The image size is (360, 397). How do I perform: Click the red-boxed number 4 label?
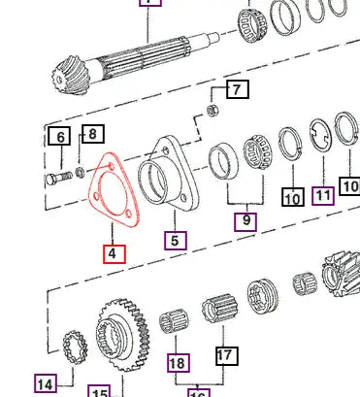pyautogui.click(x=115, y=253)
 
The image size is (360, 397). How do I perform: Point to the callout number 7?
pyautogui.click(x=237, y=91)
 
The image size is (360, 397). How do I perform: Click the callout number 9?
pyautogui.click(x=246, y=220)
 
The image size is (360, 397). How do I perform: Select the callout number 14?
pyautogui.click(x=45, y=384)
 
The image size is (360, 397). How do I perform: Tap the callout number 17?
pyautogui.click(x=225, y=355)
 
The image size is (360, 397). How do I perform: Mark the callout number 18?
pyautogui.click(x=177, y=363)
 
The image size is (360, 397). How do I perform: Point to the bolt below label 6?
pyautogui.click(x=58, y=179)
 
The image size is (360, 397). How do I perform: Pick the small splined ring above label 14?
pyautogui.click(x=71, y=346)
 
